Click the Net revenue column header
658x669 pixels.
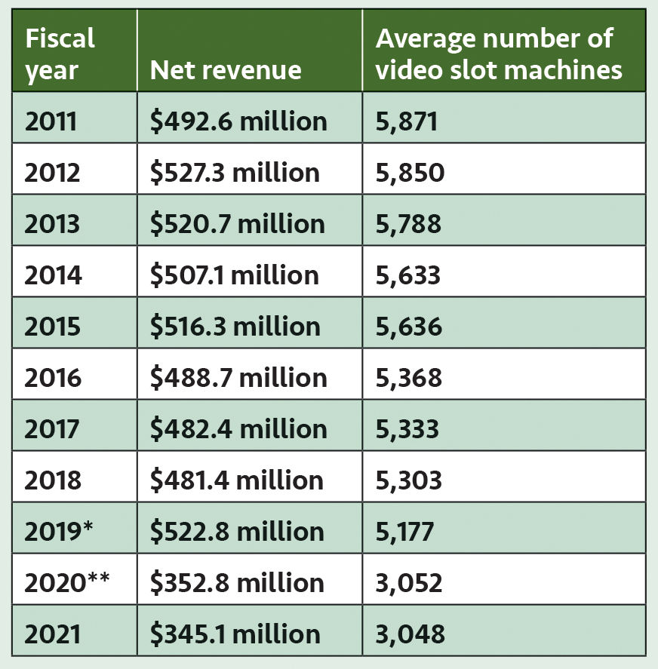tap(226, 69)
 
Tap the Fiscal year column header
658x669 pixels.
tap(60, 53)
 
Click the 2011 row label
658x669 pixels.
tap(51, 121)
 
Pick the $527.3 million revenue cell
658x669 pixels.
tap(235, 172)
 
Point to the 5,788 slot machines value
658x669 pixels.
tap(408, 223)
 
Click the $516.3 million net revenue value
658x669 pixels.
tap(235, 326)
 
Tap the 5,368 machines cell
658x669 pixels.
tap(408, 377)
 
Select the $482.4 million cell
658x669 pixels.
tap(238, 428)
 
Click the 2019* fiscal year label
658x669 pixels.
tap(60, 531)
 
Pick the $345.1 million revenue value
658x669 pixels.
tap(235, 634)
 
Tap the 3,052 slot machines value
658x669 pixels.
tap(408, 582)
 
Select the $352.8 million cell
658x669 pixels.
tap(237, 582)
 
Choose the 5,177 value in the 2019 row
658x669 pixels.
tap(404, 531)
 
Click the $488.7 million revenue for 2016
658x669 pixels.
tap(238, 377)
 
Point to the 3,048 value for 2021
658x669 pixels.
tap(409, 634)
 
